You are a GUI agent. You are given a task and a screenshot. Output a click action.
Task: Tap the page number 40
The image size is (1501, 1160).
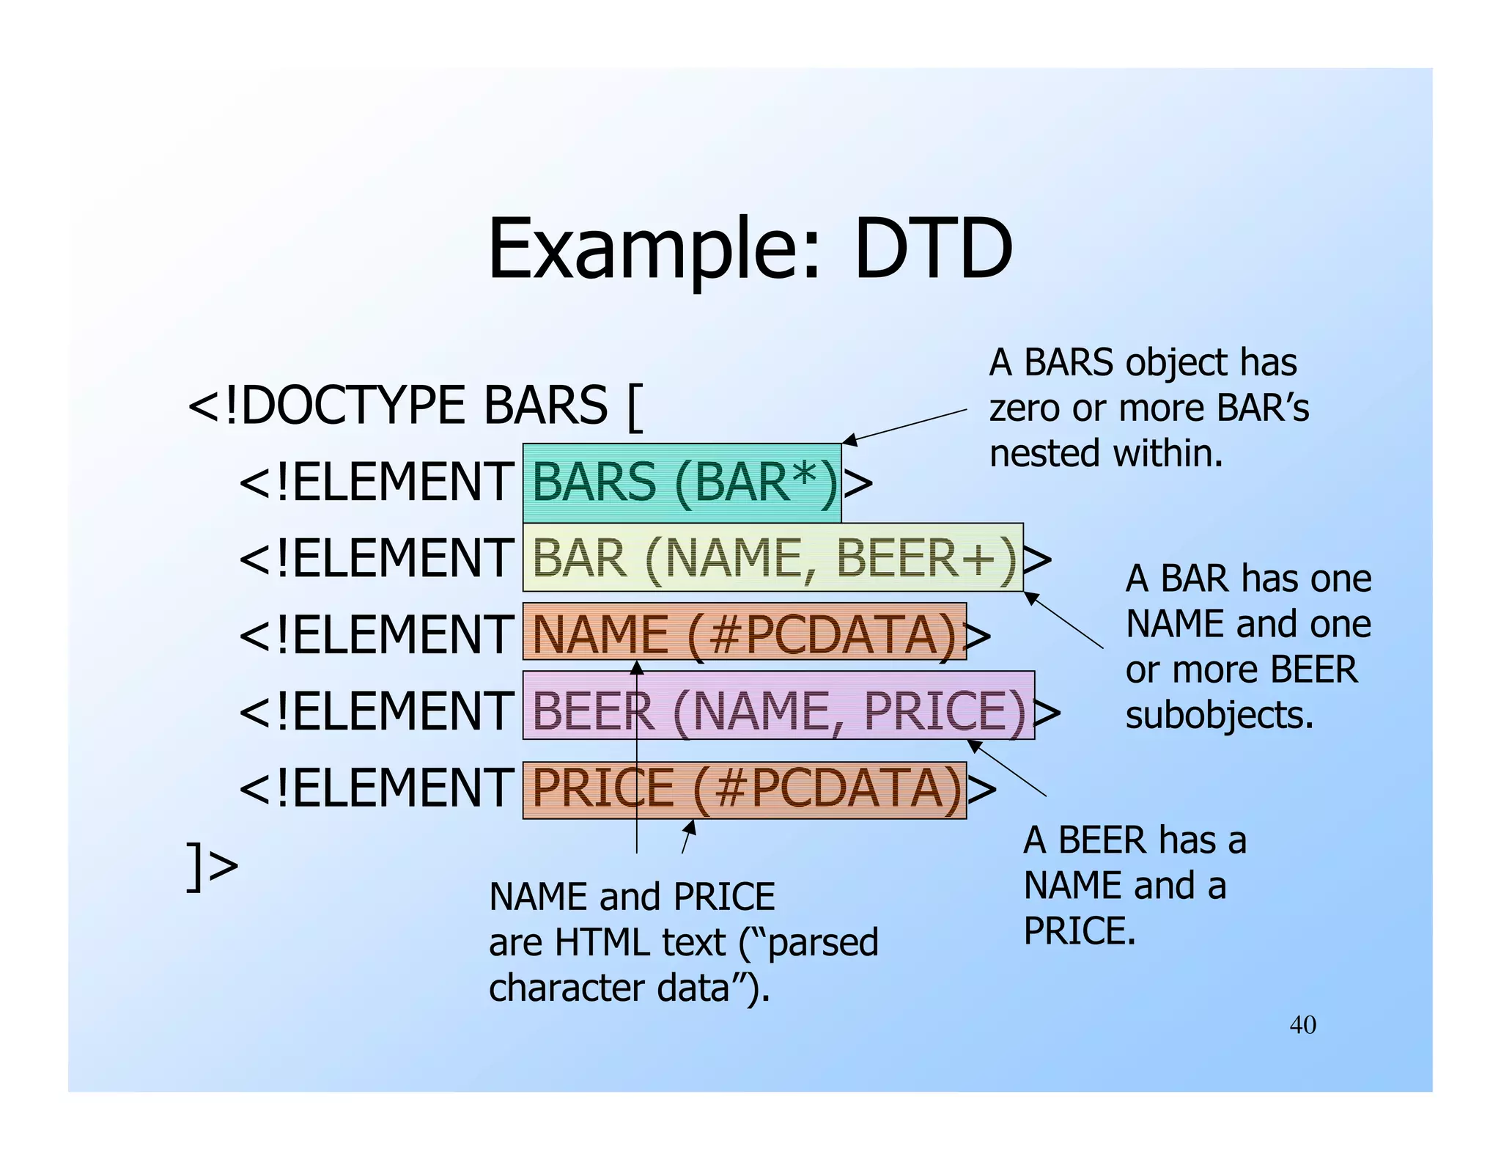(1302, 1024)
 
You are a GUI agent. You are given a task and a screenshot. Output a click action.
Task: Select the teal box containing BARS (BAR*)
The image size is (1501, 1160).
(682, 482)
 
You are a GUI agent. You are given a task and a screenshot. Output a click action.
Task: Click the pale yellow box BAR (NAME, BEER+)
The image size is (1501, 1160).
(772, 558)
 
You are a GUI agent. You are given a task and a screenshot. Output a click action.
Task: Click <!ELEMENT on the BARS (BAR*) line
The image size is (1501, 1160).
(376, 482)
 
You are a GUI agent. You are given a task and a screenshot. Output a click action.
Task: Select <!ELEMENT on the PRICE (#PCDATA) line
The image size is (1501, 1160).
(376, 788)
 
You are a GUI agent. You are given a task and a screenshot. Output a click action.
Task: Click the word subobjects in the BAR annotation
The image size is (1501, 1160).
(1219, 715)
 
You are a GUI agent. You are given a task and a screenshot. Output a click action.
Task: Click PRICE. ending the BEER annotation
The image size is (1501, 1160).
(1079, 931)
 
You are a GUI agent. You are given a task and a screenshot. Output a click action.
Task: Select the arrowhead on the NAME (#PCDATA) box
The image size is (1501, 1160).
(637, 667)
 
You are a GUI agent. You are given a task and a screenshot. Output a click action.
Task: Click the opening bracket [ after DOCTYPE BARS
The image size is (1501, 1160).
(635, 408)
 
